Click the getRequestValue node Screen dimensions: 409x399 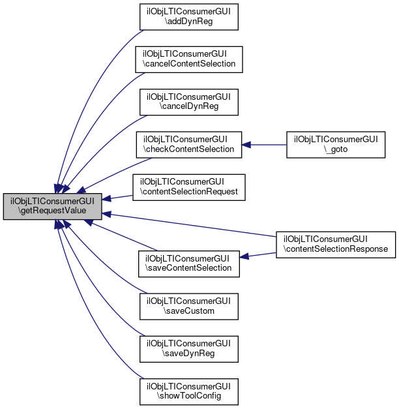pos(52,206)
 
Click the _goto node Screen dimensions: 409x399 pos(336,144)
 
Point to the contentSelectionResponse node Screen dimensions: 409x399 pos(336,244)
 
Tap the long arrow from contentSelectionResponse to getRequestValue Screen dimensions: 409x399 pos(196,225)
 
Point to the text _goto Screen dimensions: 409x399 pos(336,149)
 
